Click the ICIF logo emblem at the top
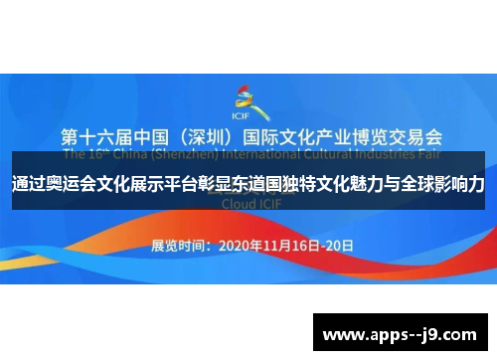[246, 97]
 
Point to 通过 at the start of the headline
[31, 184]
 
